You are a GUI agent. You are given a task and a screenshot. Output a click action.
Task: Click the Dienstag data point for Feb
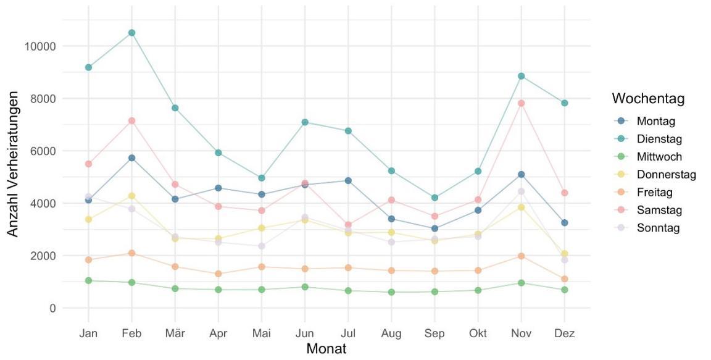click(131, 33)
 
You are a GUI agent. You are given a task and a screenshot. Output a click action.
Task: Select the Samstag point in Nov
click(521, 103)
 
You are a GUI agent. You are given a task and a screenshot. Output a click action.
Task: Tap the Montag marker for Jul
click(348, 180)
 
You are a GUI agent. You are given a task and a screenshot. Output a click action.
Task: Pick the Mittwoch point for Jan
click(88, 280)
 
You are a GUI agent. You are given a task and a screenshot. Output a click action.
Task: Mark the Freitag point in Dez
click(564, 279)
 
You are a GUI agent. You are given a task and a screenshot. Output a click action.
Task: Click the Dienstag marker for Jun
click(305, 122)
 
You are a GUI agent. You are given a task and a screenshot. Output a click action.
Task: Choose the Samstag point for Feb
click(131, 120)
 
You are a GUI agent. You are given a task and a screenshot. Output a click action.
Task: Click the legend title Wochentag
click(648, 99)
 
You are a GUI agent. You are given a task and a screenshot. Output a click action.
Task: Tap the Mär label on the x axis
click(175, 333)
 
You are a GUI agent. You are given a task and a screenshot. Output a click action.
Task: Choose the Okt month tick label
click(478, 333)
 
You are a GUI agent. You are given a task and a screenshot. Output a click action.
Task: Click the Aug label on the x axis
click(391, 333)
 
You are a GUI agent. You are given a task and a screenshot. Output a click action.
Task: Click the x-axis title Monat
click(326, 349)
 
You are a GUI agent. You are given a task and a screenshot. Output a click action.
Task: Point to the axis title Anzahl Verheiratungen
click(14, 164)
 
